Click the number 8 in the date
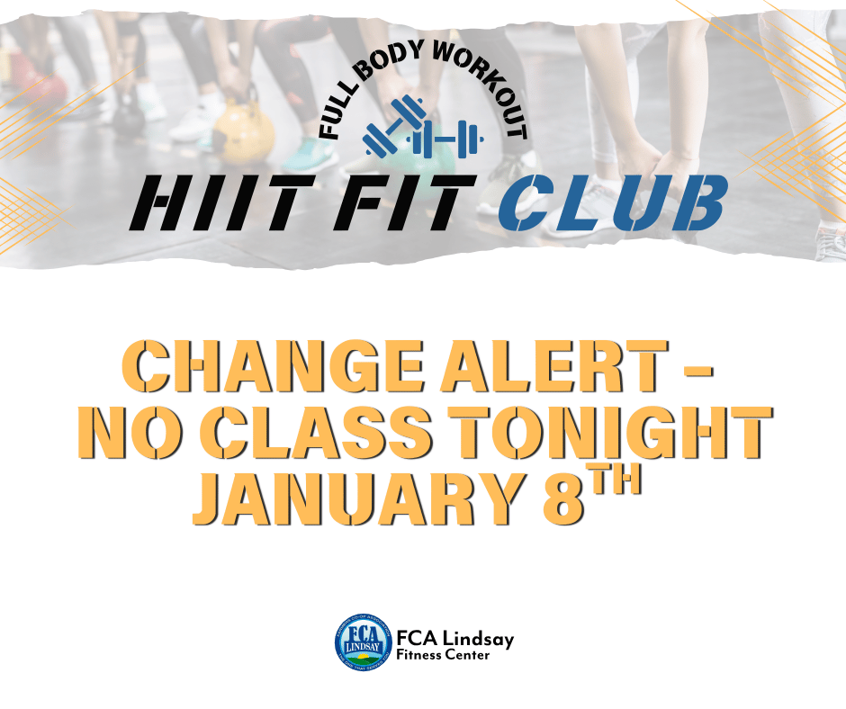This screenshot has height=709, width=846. pyautogui.click(x=566, y=497)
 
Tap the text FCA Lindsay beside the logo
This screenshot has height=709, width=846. pyautogui.click(x=454, y=638)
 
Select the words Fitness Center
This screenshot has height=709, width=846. pyautogui.click(x=444, y=656)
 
